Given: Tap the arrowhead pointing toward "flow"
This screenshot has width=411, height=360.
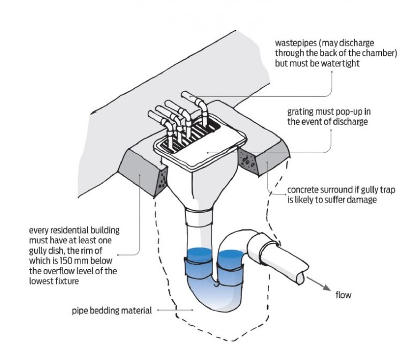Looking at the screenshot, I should coord(326,287).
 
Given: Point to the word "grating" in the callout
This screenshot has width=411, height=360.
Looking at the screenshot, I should coord(300,112).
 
